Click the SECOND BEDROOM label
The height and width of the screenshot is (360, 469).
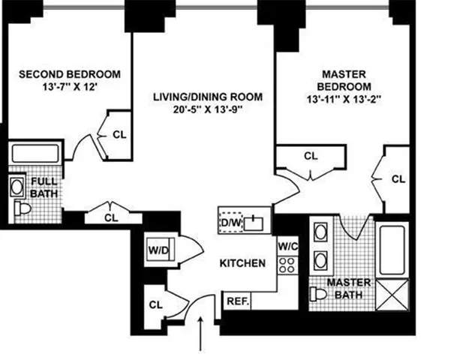(x=69, y=74)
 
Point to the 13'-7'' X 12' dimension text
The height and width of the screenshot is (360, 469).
(x=69, y=87)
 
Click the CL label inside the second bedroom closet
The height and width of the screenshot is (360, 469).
(x=119, y=135)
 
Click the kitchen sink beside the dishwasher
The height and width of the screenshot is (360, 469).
(x=255, y=221)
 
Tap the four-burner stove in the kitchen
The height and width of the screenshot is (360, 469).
(x=286, y=264)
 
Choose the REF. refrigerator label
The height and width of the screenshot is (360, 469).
(x=238, y=300)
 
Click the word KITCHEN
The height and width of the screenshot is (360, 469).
(x=242, y=263)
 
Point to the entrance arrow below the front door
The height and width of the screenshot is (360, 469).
(x=200, y=334)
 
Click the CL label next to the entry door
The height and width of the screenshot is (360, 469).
(x=156, y=304)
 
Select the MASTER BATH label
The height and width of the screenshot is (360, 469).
(x=348, y=288)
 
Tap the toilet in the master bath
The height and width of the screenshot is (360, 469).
(x=320, y=293)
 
